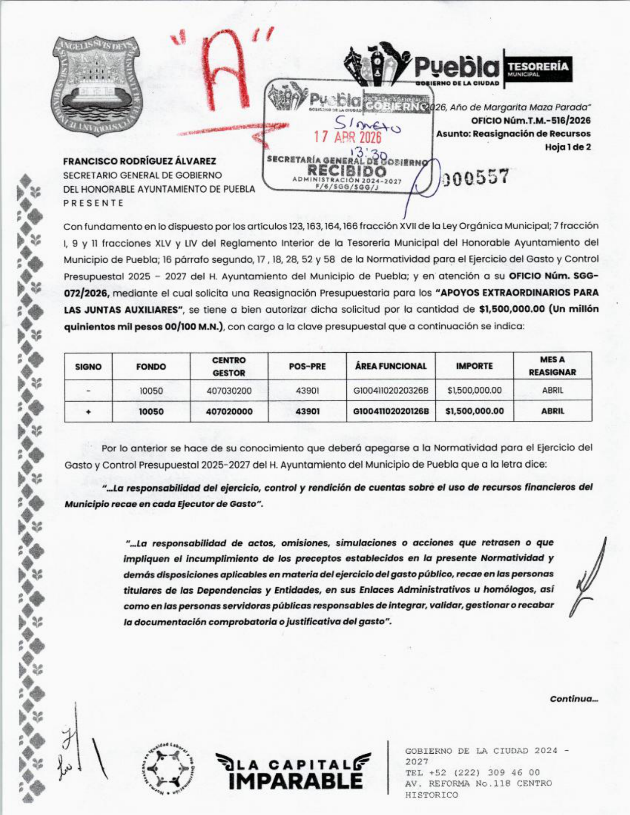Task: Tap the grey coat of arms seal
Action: point(96,85)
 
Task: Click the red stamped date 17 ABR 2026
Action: point(348,137)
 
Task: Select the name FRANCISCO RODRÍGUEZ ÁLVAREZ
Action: point(139,162)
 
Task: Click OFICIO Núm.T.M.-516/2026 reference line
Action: point(531,121)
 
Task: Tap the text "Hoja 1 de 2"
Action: point(568,147)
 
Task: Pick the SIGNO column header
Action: point(88,367)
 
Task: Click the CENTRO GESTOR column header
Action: point(229,367)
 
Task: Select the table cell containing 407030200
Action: point(229,391)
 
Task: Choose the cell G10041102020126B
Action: point(391,411)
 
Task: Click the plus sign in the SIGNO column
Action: point(88,411)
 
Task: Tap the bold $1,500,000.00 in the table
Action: point(474,411)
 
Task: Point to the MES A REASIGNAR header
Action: point(552,366)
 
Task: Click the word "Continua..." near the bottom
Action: point(574,699)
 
